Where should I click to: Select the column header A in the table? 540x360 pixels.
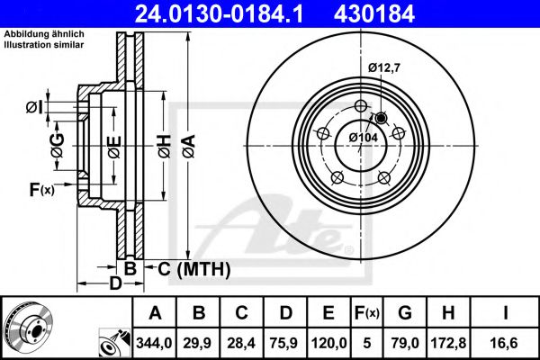pos(156,312)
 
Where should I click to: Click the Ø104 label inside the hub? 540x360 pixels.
pos(363,137)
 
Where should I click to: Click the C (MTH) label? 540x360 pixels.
pos(194,268)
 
